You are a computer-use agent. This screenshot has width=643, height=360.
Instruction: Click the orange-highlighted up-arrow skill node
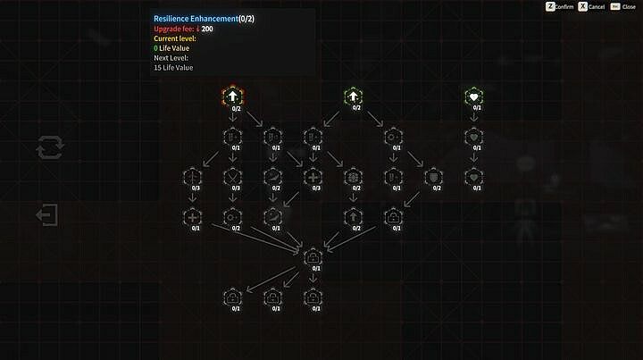coord(233,96)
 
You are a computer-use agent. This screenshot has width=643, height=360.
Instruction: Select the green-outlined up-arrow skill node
coord(353,96)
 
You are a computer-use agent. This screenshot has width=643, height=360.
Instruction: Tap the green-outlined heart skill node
coord(473,96)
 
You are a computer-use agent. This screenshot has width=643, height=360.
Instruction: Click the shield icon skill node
coord(433,176)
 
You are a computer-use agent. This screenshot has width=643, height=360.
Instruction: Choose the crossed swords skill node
coord(233,176)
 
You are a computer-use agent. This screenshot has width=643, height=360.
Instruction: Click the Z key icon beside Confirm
coord(550,6)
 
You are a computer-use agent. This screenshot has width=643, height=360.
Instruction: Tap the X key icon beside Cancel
coord(582,6)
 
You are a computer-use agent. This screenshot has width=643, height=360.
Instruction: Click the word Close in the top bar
coord(629,7)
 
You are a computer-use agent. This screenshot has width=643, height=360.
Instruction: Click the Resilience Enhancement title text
coord(196,18)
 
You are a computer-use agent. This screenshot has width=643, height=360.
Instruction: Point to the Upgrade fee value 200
coord(207,29)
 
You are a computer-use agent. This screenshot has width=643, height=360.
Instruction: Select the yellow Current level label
coord(175,38)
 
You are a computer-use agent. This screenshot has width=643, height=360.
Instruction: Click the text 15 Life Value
coord(173,68)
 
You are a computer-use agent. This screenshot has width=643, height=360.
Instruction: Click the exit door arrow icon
coord(47,215)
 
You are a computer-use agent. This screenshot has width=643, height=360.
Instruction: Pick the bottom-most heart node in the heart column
coord(473,176)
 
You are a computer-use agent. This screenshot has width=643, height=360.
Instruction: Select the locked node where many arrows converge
coord(313,257)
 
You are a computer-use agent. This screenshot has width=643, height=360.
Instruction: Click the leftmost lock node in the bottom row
coord(233,297)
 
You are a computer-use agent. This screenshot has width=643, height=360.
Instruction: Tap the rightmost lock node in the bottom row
coord(313,297)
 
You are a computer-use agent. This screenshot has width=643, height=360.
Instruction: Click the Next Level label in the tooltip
coord(172,58)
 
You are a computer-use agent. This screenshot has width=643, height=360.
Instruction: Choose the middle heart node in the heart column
coord(473,136)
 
